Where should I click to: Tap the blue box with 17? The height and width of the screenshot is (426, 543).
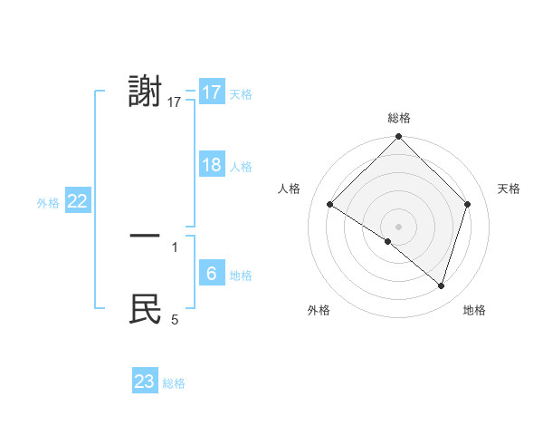[212, 92]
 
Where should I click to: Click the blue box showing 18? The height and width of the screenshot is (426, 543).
[212, 165]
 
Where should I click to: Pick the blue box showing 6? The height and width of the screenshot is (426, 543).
[212, 274]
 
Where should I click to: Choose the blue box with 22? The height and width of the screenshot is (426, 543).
[78, 202]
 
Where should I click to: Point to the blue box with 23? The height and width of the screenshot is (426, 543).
[145, 382]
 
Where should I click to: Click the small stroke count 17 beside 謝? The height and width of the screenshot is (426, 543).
[175, 102]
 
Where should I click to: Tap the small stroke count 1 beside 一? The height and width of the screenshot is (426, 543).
[175, 247]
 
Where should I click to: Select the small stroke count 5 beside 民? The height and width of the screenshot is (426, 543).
[175, 319]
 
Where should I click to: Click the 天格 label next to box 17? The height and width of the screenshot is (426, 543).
[241, 94]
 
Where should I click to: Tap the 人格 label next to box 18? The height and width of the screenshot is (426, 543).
[241, 167]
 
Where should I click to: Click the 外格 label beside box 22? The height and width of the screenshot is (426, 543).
[48, 204]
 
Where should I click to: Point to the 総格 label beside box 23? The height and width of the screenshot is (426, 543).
[174, 383]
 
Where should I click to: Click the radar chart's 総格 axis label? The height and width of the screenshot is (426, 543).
[399, 118]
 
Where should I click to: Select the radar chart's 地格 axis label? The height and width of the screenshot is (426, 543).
[474, 310]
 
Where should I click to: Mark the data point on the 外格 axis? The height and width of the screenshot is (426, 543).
[388, 242]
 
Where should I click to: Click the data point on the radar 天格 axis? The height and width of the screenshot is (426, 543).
[468, 204]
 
